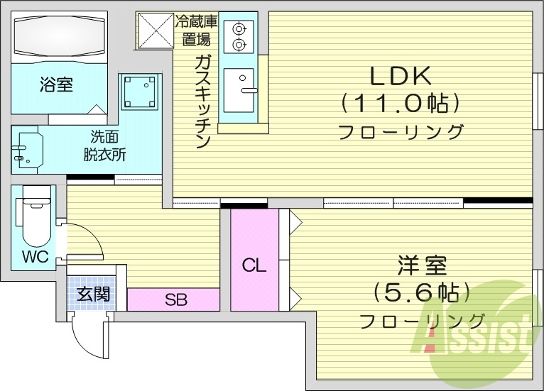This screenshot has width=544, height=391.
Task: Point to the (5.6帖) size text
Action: (x=422, y=292)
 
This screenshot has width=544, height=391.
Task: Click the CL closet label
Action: (x=254, y=266)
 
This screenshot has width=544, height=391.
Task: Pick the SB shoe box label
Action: (x=175, y=299)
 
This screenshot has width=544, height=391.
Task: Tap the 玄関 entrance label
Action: (x=94, y=293)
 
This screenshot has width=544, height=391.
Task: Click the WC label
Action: (x=35, y=256)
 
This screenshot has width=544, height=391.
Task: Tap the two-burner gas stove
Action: (x=239, y=36)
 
